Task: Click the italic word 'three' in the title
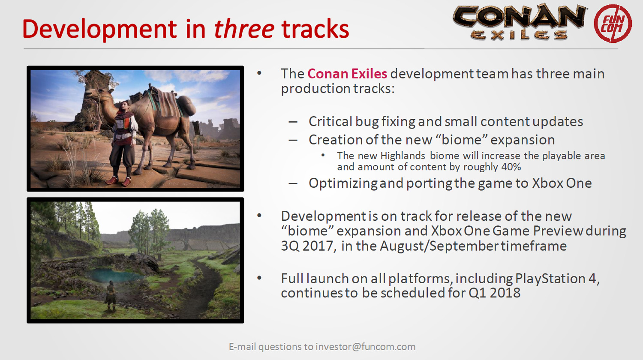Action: (x=244, y=29)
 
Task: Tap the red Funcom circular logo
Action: (x=613, y=24)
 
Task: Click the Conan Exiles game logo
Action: (x=520, y=22)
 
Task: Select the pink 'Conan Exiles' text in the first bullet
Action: (x=347, y=74)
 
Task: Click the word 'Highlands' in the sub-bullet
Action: (x=403, y=156)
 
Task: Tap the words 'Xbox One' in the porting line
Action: (x=562, y=183)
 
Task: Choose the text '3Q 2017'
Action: (x=309, y=246)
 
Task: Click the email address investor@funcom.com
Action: (x=365, y=347)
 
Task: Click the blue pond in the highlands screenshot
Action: (x=114, y=276)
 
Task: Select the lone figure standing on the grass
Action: (x=111, y=296)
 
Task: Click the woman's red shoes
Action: (x=118, y=181)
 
